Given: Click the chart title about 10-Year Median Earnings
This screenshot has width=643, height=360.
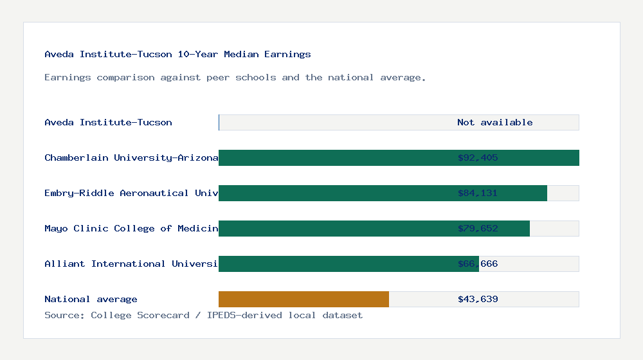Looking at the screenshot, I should pos(177,55).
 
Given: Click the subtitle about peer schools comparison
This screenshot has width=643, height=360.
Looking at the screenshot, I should pos(235,78).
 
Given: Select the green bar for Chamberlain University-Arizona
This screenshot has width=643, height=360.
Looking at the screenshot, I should pos(334,158).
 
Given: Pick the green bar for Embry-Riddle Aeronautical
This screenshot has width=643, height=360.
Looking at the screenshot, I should pos(334,194).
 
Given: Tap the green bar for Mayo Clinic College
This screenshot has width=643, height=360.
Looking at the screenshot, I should pos(334,229).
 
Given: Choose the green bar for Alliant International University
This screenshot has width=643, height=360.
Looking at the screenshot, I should pos(334,264).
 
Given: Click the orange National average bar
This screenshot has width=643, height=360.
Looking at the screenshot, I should pos(303,300).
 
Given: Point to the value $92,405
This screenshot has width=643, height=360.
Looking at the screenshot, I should pos(478,158).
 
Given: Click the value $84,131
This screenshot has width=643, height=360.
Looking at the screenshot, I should pos(478,194).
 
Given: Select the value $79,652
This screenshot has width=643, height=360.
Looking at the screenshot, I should pos(478,229).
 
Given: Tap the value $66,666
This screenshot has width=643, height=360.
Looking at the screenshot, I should pos(478,264).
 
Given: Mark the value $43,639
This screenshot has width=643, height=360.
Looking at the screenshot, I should pos(478,300).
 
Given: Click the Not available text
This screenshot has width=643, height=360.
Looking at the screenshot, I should pos(494,123).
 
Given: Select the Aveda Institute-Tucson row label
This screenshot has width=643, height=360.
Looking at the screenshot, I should pos(108,123).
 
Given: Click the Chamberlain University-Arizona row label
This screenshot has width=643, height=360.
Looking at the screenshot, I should pos(131,158).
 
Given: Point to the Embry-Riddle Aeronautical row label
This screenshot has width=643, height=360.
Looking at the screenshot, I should pos(131,194).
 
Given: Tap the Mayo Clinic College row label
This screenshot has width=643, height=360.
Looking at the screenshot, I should pos(131,229).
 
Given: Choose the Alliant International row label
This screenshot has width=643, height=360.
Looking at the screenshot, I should pos(131,264).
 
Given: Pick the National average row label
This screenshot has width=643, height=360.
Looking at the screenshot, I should pos(91,300).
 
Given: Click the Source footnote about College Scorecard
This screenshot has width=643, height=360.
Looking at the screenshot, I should pos(203,316).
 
